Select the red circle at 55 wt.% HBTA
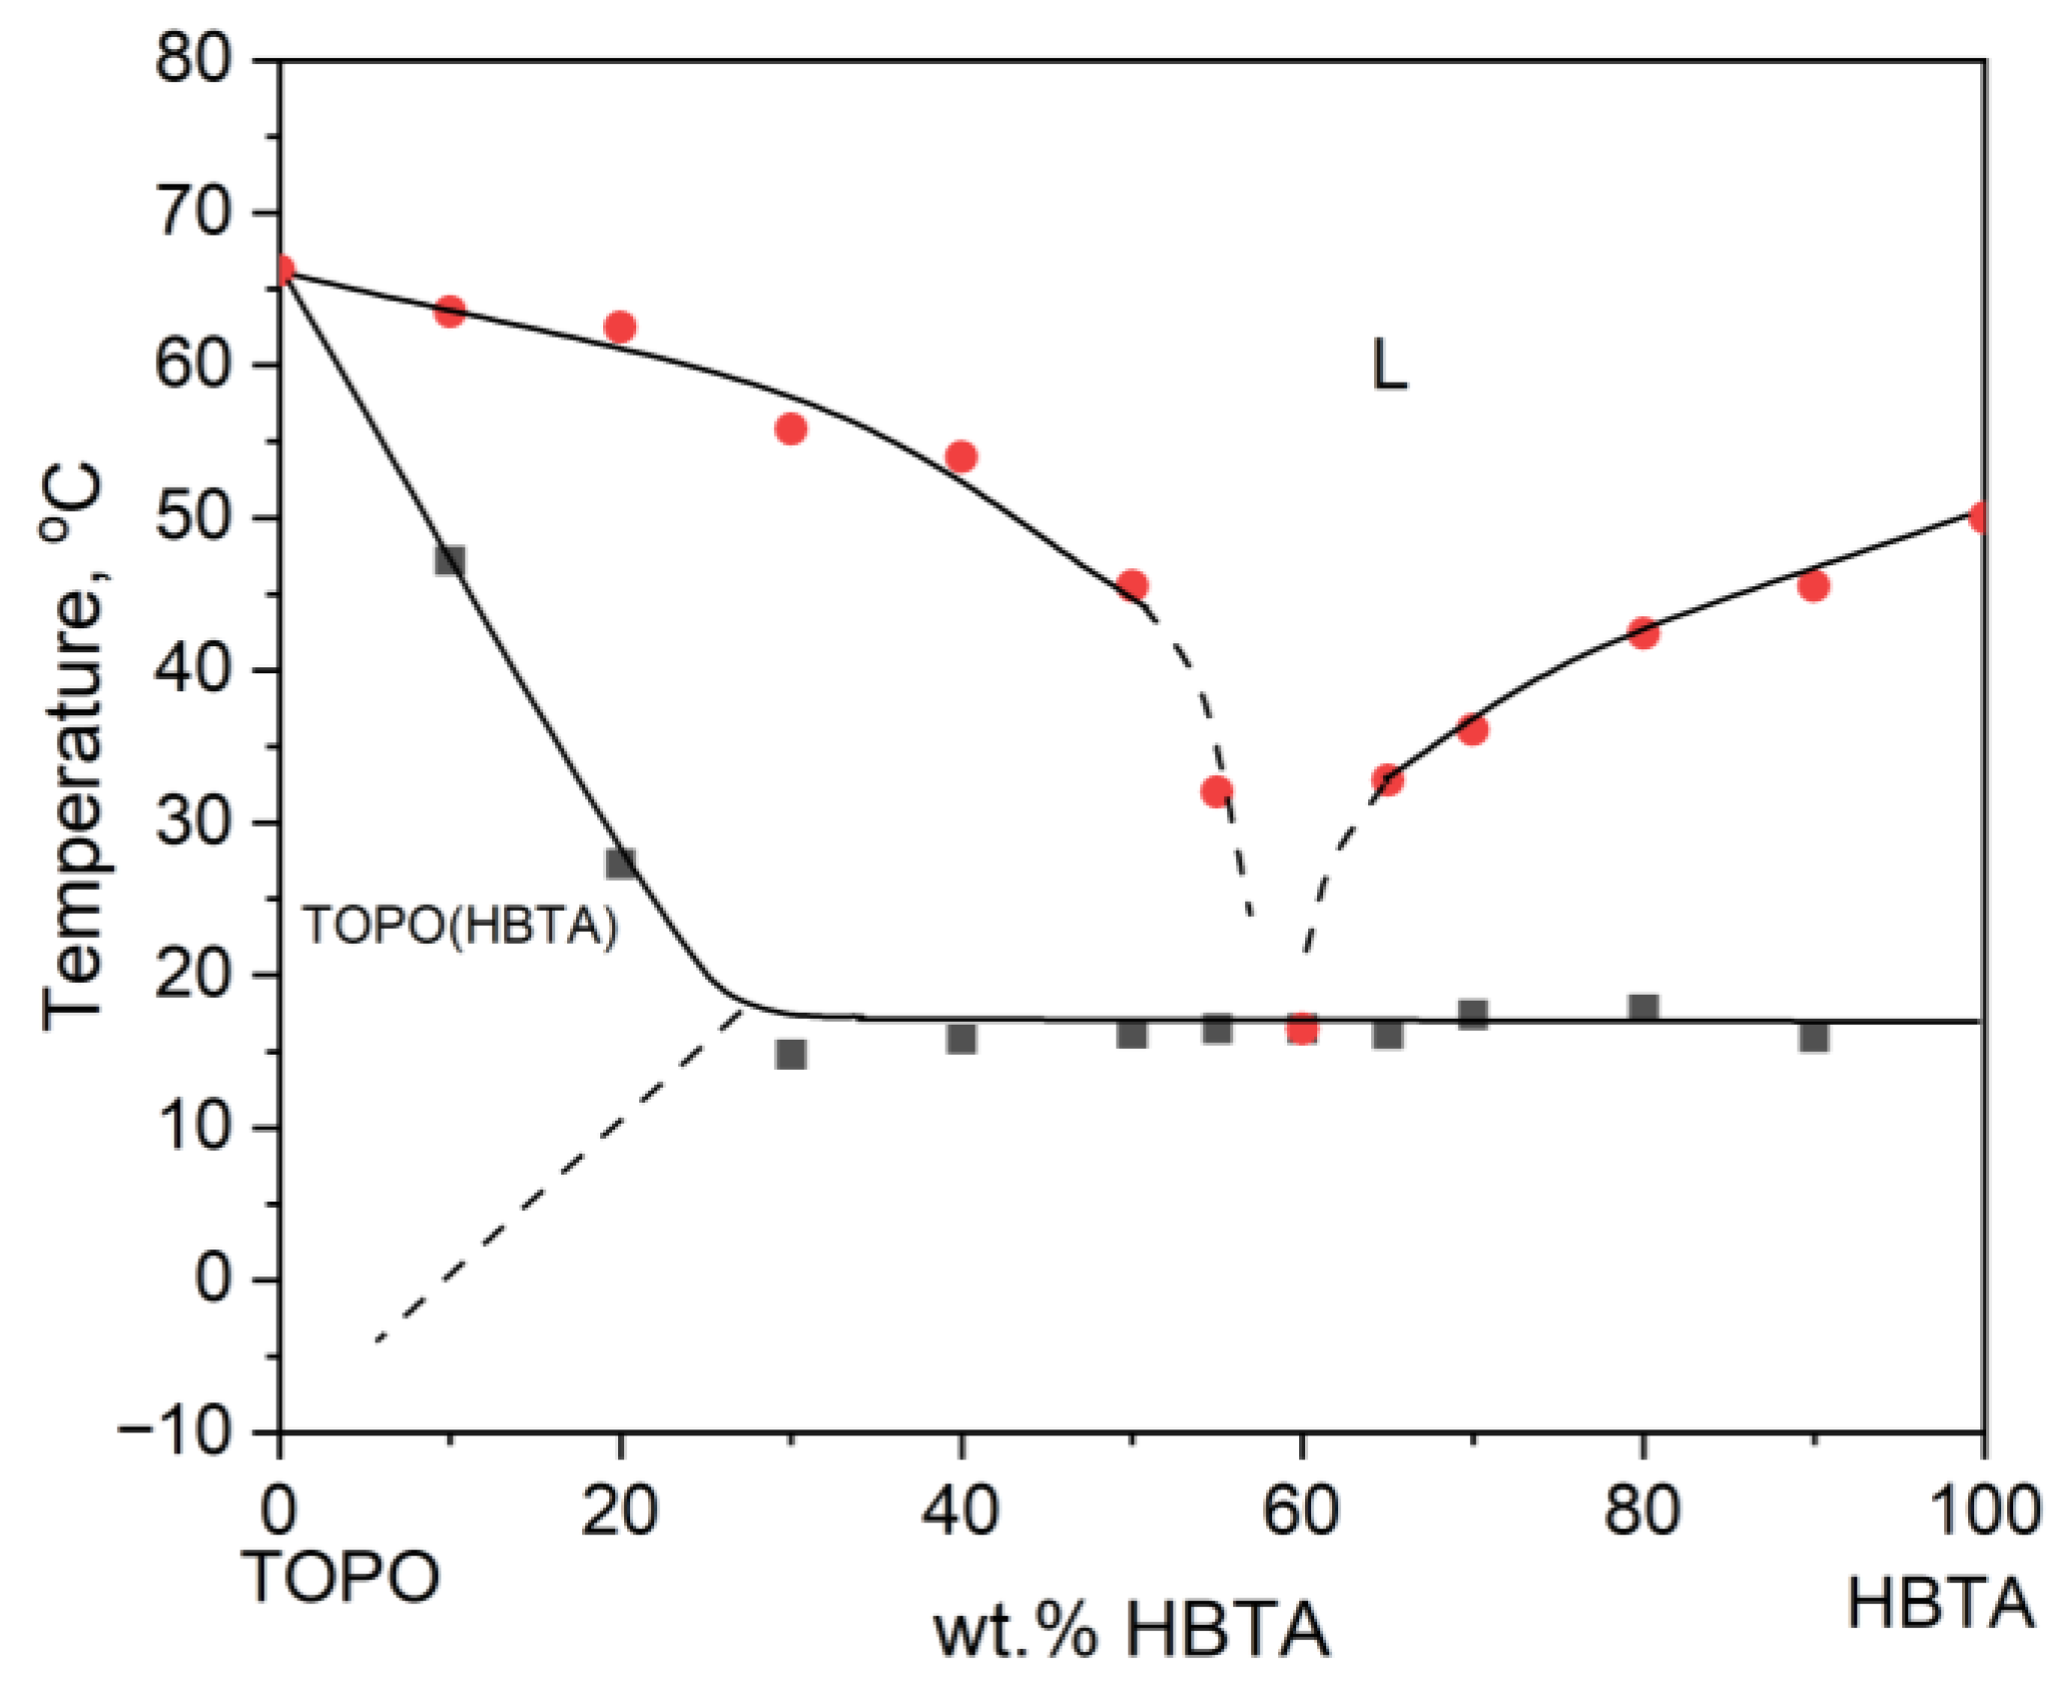pyautogui.click(x=1216, y=792)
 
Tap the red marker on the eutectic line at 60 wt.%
pyautogui.click(x=1301, y=1028)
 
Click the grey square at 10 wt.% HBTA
pyautogui.click(x=450, y=560)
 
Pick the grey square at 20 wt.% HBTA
pyautogui.click(x=620, y=863)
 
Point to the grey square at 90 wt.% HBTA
pyautogui.click(x=1813, y=1037)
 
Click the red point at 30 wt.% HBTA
pyautogui.click(x=790, y=429)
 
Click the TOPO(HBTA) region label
pyautogui.click(x=460, y=927)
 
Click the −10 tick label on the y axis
pyautogui.click(x=187, y=1432)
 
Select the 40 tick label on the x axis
pyautogui.click(x=960, y=1510)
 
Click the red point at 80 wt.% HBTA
pyautogui.click(x=1643, y=632)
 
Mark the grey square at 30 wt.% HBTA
pyautogui.click(x=790, y=1054)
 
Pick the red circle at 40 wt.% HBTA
pyautogui.click(x=960, y=456)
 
